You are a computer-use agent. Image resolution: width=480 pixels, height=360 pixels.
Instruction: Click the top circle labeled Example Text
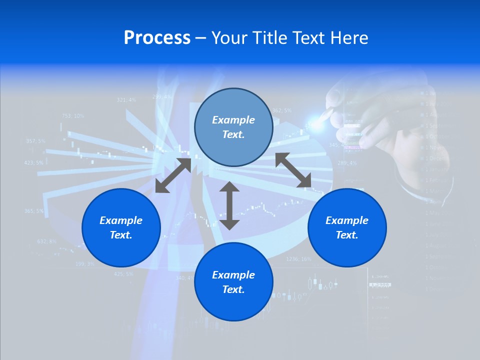tap(233, 127)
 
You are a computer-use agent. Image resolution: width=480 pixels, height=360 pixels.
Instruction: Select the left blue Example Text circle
tap(121, 227)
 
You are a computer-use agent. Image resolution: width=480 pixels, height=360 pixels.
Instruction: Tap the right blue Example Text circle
tap(347, 227)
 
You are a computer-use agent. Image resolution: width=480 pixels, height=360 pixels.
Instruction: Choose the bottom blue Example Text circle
tap(233, 282)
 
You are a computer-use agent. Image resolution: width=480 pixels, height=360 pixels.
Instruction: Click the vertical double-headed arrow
tap(229, 205)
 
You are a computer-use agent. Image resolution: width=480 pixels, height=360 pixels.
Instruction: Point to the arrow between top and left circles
tap(173, 175)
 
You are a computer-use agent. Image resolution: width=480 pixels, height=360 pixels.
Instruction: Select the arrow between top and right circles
tap(293, 170)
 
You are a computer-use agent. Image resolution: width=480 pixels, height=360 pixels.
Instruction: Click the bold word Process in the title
tap(157, 38)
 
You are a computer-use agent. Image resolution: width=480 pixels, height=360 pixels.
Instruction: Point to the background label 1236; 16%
tap(298, 259)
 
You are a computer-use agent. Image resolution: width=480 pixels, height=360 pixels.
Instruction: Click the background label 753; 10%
tap(73, 115)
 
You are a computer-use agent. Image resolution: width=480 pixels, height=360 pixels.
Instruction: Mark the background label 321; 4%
tap(126, 100)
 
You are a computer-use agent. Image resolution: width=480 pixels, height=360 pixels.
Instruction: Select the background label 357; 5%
tap(35, 141)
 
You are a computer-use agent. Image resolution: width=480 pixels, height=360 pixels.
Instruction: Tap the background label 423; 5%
tap(33, 162)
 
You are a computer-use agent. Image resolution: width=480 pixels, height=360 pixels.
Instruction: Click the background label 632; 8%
tap(47, 241)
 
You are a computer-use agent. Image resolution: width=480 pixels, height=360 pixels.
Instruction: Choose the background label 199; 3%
tap(84, 263)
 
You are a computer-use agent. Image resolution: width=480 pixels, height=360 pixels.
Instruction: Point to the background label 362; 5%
tap(282, 110)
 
